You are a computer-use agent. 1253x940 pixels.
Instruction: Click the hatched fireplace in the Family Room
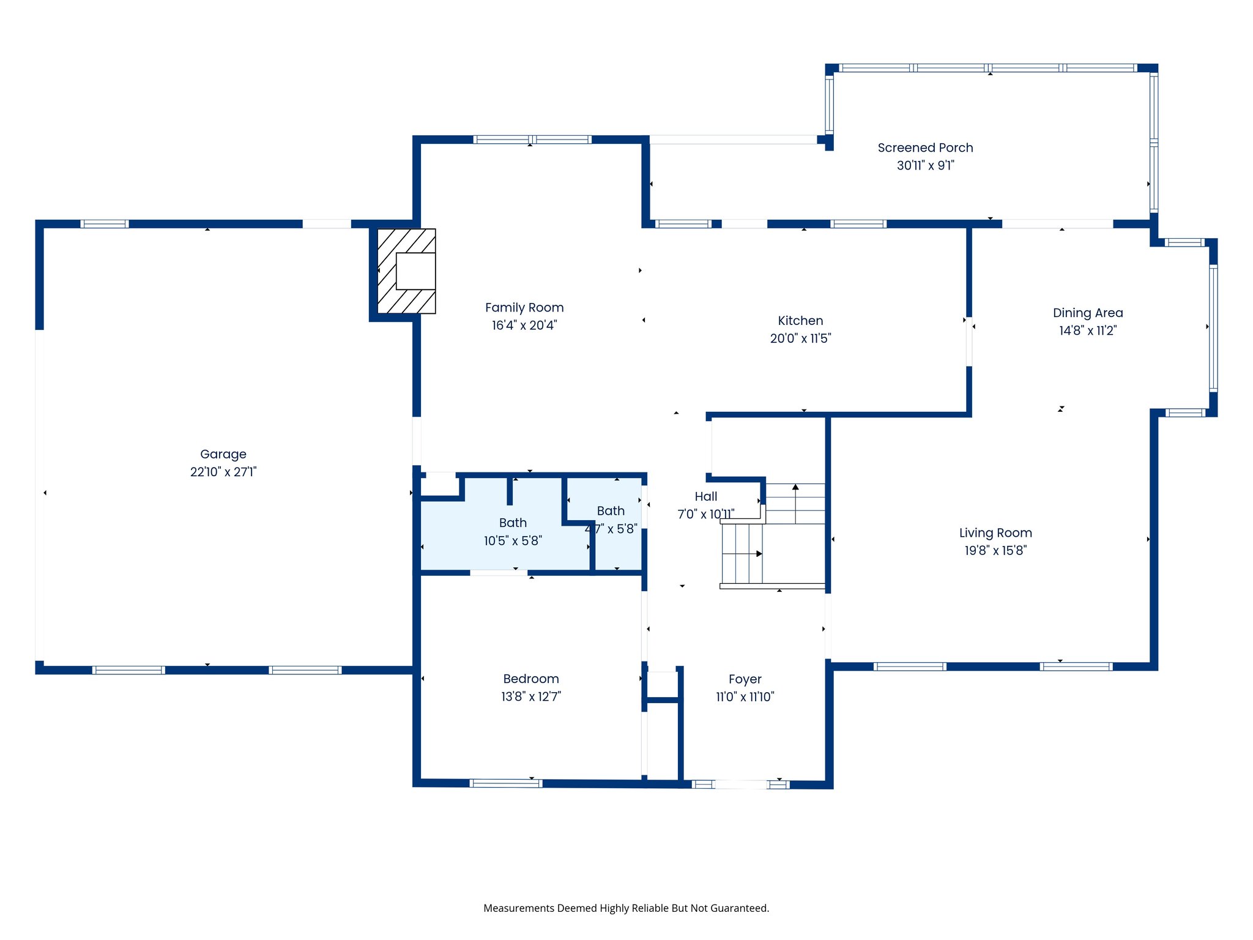406,271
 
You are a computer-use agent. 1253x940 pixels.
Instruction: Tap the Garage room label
223,454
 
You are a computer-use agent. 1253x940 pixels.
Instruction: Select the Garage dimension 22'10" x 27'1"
223,472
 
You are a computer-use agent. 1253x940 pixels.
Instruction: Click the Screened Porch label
925,147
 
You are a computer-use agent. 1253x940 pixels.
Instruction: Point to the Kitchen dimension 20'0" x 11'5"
800,338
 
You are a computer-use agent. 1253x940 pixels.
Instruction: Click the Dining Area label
1088,313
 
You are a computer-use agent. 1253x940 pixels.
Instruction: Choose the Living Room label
995,532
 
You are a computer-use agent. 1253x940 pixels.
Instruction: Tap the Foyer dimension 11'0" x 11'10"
745,697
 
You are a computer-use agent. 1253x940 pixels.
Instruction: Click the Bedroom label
531,679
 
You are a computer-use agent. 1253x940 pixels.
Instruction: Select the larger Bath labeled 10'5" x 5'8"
513,531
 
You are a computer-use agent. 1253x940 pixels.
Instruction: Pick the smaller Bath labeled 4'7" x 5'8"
612,519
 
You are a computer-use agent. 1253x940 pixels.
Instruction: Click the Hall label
706,496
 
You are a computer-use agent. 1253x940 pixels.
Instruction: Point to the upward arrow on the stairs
795,488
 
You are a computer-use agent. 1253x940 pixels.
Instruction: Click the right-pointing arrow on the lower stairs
759,554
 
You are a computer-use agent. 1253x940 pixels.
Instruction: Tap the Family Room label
524,307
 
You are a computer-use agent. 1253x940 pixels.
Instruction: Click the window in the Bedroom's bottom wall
506,783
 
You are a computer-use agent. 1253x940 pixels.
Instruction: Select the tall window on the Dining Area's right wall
1213,328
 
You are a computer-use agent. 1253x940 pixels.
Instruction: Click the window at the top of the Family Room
532,140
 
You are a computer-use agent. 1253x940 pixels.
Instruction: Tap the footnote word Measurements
518,908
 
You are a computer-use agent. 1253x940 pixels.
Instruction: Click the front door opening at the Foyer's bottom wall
741,785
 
